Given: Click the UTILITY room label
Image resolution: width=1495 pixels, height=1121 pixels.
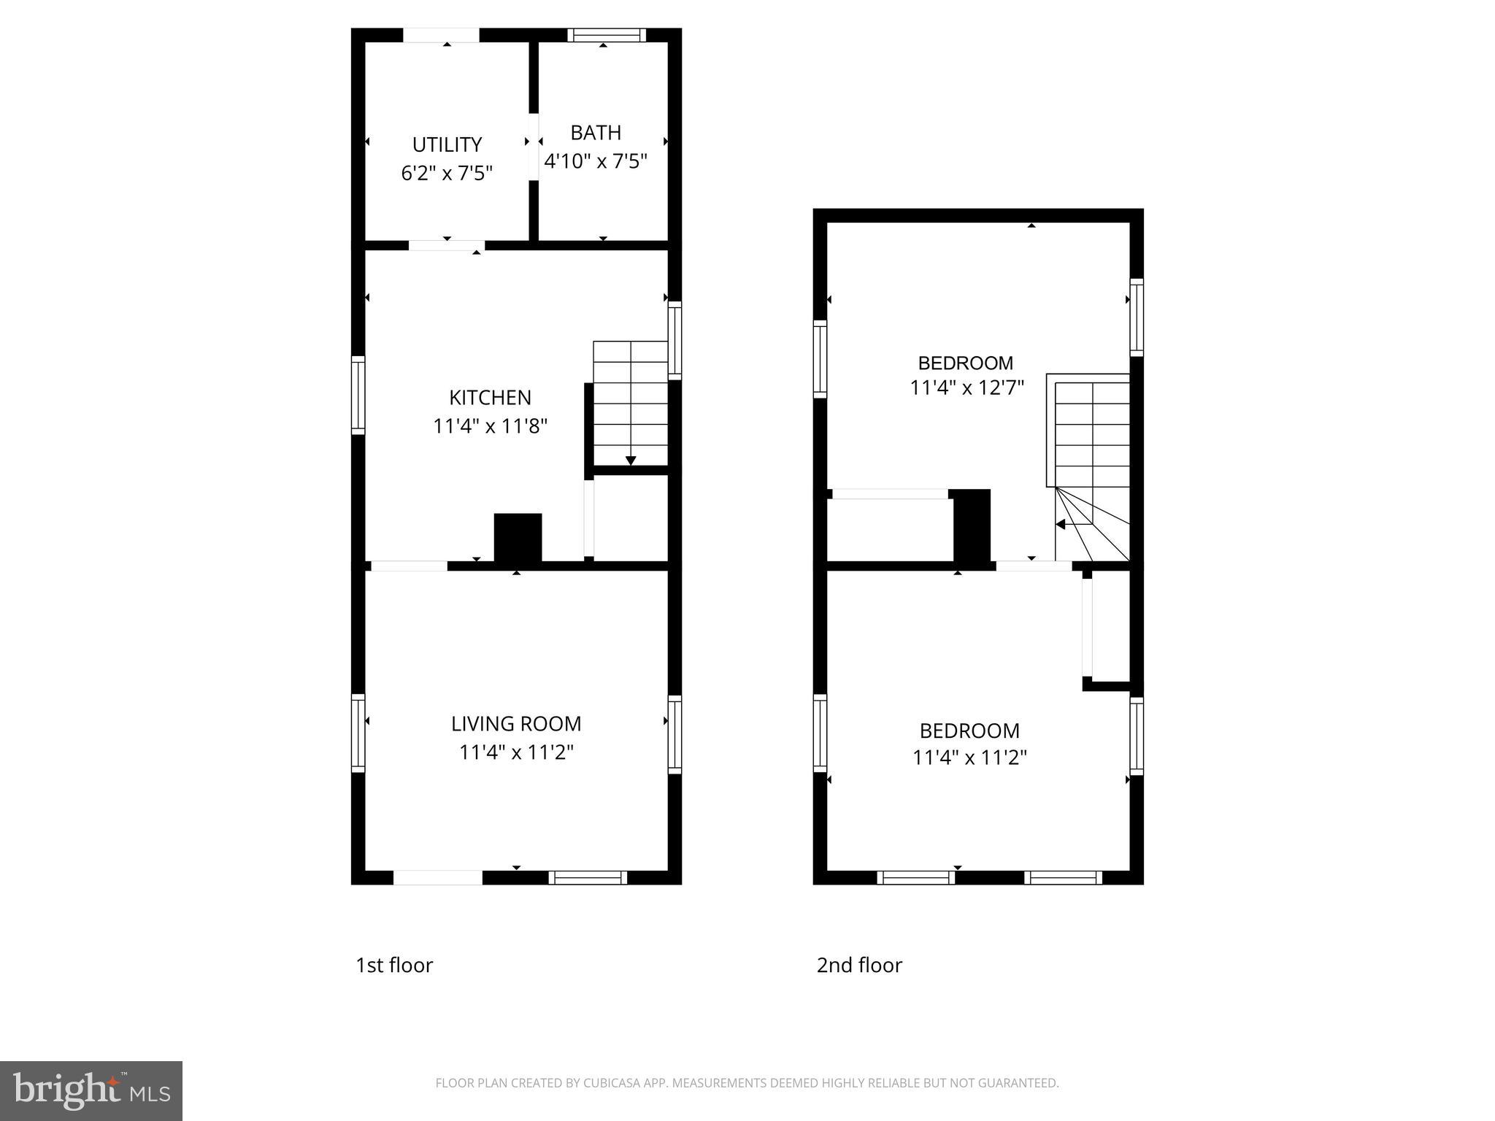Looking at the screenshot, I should point(447,145).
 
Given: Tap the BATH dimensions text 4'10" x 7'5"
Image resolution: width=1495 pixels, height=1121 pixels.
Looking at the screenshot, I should point(596,161).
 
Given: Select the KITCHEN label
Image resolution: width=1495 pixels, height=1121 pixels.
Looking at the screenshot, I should point(490,398).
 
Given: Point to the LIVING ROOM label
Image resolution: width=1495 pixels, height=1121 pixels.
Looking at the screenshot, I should point(516,724).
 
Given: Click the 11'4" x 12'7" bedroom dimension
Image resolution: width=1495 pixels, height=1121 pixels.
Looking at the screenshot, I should point(966,388).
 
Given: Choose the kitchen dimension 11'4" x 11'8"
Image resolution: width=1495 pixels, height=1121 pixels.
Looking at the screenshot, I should point(490,426).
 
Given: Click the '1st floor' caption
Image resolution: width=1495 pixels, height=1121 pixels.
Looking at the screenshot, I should point(394,966).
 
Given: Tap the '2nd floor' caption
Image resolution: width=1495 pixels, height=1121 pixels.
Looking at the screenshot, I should point(859,966).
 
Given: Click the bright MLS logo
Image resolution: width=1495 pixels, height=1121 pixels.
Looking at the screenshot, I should point(91,1091).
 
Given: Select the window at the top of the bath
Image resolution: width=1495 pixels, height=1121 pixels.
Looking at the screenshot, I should point(607,35).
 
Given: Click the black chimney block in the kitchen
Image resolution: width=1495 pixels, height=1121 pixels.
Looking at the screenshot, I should point(518,538).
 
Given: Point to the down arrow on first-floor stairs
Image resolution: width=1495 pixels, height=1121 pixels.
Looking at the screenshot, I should point(631,460).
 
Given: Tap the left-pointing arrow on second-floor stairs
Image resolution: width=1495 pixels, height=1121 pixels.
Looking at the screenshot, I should point(1061,524).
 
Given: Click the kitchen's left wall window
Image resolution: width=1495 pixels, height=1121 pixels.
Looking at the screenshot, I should point(358,395).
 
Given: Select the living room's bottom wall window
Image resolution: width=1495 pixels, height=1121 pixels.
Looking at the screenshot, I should point(588,877).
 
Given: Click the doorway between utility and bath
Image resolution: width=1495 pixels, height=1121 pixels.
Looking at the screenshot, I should point(534,147).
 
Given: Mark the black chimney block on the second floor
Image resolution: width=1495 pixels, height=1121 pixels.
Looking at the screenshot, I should point(972,525).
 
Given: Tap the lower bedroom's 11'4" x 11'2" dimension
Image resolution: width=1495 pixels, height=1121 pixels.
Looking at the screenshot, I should point(969,758).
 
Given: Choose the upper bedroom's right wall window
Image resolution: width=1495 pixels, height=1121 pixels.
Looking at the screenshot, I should point(1137,317).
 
